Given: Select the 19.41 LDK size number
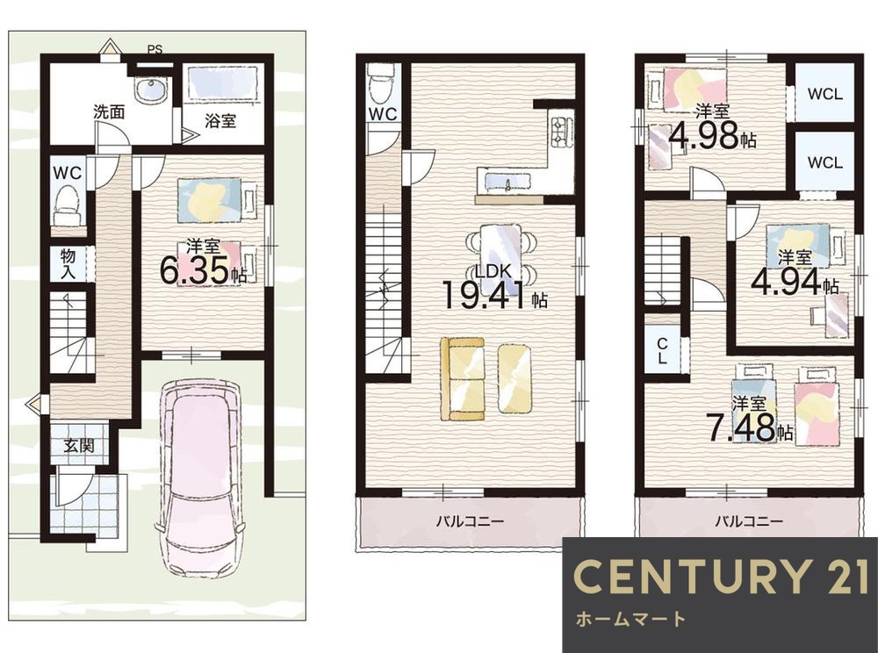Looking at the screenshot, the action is click(486, 295).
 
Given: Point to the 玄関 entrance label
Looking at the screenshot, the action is click(78, 446).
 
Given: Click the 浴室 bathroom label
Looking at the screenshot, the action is click(220, 120).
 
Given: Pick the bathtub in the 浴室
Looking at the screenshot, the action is click(222, 83).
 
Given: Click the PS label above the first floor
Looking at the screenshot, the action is click(155, 49).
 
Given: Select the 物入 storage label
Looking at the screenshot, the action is click(68, 264).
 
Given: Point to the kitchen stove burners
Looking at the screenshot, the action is click(561, 132).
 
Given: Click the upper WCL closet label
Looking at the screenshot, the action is click(824, 93).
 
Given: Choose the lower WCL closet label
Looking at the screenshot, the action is click(824, 162).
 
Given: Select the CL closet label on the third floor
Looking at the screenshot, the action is click(662, 350).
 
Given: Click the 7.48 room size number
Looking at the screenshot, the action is click(741, 427).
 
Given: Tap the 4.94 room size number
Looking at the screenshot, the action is click(787, 282).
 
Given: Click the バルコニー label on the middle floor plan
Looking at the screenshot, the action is click(470, 521).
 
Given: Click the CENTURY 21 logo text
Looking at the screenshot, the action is click(721, 577).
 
